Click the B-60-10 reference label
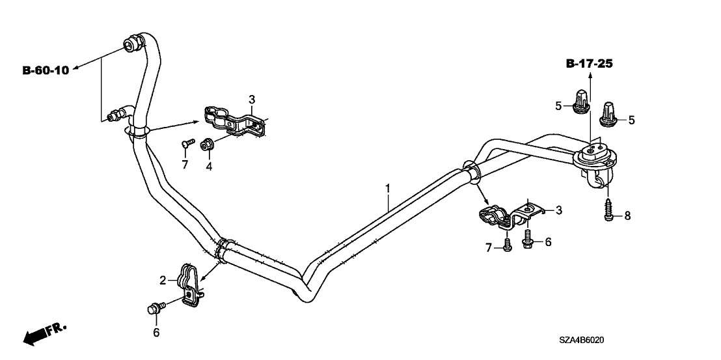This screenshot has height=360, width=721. (x=46, y=70)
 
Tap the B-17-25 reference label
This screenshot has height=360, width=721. (x=590, y=64)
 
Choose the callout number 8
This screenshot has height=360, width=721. (x=627, y=215)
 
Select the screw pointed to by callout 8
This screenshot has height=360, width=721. (x=608, y=210)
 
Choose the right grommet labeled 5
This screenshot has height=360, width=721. (x=610, y=116)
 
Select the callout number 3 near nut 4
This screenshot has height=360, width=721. (x=251, y=99)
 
